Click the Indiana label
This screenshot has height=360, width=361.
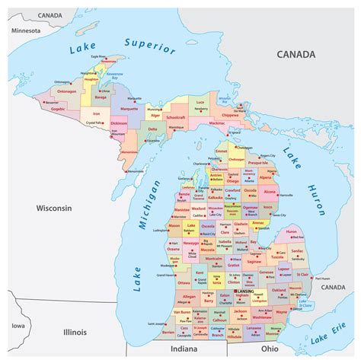(183, 349)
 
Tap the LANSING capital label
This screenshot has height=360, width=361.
(245, 291)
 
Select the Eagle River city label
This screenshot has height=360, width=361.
(98, 56)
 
